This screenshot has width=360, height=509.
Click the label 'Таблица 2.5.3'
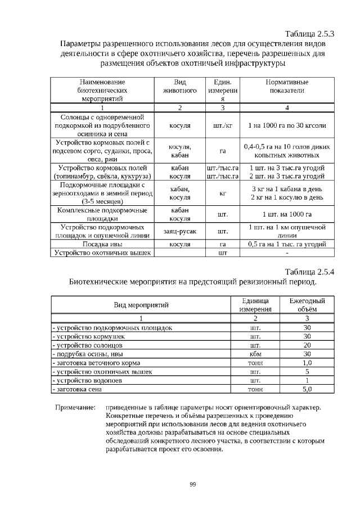(x=310, y=33)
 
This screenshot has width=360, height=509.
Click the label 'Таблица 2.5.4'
(x=310, y=271)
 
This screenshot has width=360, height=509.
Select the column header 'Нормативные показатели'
(x=287, y=86)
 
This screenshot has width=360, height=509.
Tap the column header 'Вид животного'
(x=179, y=86)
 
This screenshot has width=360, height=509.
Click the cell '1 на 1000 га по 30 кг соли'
(x=287, y=125)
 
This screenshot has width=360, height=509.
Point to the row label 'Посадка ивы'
(x=102, y=245)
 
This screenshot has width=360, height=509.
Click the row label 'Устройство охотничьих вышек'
(x=102, y=253)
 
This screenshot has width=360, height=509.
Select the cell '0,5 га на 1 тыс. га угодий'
(x=287, y=245)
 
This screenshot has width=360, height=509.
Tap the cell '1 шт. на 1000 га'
(x=287, y=214)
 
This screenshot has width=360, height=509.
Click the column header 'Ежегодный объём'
(x=307, y=305)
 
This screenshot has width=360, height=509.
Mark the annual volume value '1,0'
(x=307, y=363)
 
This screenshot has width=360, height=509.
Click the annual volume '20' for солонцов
(x=307, y=345)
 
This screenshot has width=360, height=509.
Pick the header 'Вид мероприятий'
(x=142, y=305)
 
